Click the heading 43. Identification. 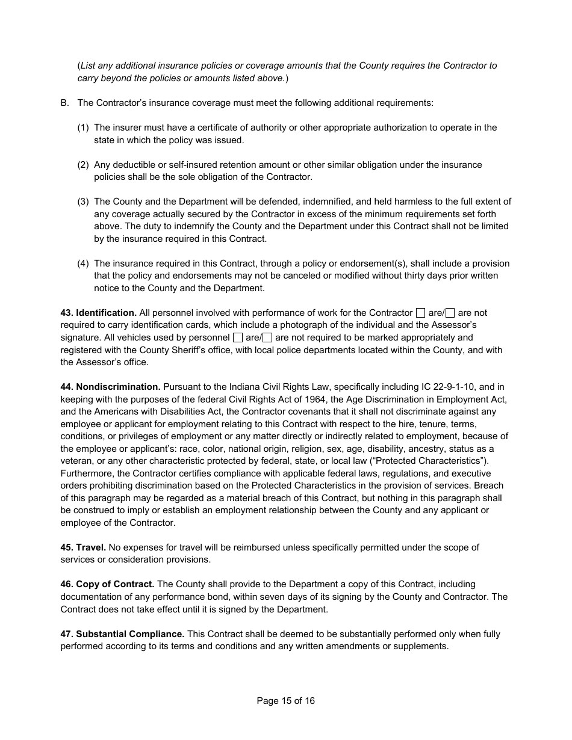coord(99,313)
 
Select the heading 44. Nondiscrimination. coord(110,387)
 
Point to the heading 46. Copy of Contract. coord(107,584)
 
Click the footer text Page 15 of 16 coord(285,701)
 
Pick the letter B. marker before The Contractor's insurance coord(65,103)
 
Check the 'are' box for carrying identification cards coord(421,313)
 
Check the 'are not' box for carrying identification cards coord(450,313)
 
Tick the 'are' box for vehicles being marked coord(238,338)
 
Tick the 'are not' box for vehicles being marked coord(267,338)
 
